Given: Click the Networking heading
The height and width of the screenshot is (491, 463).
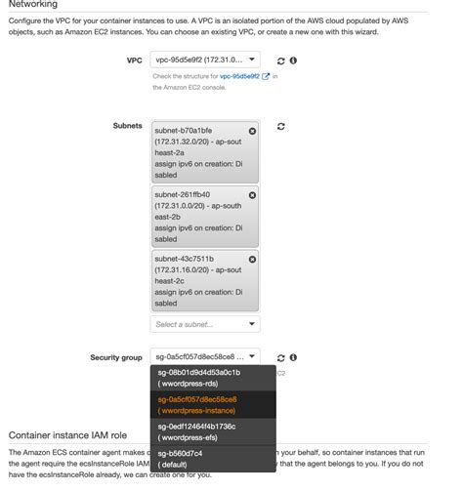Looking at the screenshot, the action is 34,6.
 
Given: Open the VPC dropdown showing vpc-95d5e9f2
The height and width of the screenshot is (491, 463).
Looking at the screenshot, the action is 205,61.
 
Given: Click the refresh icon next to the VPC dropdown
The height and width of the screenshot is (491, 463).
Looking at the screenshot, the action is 278,61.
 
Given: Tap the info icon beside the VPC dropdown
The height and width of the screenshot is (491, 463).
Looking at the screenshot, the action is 293,61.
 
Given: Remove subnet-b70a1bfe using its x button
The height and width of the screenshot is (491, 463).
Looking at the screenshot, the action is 253,131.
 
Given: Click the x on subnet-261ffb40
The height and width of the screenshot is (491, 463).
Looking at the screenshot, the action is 253,195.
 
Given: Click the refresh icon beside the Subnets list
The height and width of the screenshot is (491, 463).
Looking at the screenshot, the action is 281,127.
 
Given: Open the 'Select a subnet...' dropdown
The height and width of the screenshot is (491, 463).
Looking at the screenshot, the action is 205,324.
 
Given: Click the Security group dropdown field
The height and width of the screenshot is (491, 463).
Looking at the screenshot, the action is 205,357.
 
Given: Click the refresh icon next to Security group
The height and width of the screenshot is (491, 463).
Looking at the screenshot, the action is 278,358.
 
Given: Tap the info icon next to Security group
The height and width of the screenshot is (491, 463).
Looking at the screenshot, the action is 293,358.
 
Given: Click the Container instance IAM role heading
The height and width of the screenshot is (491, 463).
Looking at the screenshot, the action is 67,433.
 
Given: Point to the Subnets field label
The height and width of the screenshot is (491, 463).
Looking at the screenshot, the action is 127,126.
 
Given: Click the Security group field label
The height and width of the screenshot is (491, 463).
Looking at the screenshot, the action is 115,358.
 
